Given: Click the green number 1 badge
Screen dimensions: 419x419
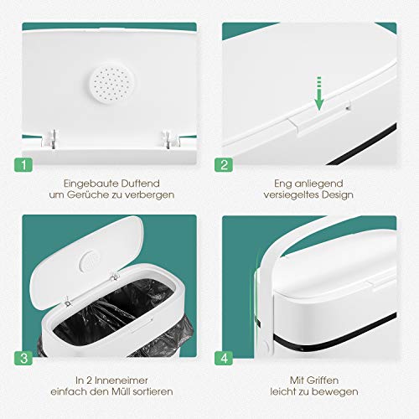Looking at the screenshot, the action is pyautogui.click(x=23, y=164).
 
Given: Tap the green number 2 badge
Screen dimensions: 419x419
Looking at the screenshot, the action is pyautogui.click(x=224, y=164).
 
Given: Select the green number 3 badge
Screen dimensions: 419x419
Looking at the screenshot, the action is pyautogui.click(x=23, y=358).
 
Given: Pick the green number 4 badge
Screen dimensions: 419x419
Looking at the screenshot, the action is pyautogui.click(x=224, y=358).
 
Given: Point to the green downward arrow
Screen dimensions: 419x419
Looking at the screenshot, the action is pyautogui.click(x=319, y=93).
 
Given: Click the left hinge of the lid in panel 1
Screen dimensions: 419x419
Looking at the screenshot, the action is pyautogui.click(x=50, y=138).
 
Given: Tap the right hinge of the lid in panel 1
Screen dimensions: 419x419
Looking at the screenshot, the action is pyautogui.click(x=170, y=138).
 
